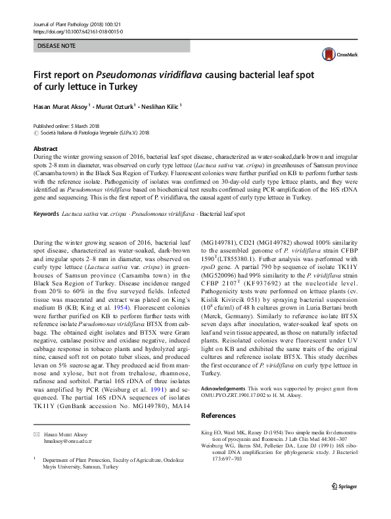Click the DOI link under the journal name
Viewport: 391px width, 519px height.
click(78, 31)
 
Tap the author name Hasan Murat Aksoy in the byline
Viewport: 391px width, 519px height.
click(65, 106)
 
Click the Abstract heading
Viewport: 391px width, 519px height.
click(45, 149)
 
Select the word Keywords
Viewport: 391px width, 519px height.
click(45, 214)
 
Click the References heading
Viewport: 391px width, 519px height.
click(218, 415)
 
